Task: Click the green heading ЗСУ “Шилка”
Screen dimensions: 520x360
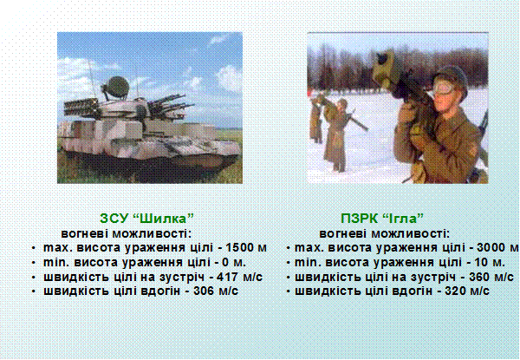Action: click(146, 219)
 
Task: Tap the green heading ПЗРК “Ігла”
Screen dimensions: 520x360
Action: click(382, 219)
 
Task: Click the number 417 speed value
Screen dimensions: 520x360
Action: click(228, 277)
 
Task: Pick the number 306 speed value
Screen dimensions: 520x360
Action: click(205, 291)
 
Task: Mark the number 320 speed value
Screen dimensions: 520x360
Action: click(456, 291)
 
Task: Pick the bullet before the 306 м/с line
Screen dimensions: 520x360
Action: click(34, 291)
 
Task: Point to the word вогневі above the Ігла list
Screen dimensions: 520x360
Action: click(343, 233)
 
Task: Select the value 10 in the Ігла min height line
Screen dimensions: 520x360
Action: click(481, 262)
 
